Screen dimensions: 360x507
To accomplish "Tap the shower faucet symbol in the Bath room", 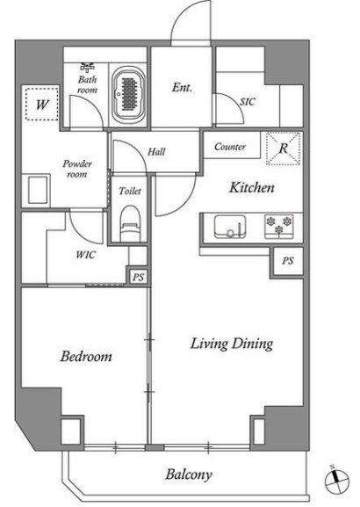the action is (x=88, y=68).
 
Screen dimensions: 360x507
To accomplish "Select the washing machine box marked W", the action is (x=42, y=104).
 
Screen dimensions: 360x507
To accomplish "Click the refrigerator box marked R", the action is (x=284, y=148).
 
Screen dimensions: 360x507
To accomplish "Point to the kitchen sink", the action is (x=230, y=227).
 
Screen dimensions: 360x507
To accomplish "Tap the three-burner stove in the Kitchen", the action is (x=279, y=227).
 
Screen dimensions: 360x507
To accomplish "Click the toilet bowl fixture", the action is (x=130, y=224).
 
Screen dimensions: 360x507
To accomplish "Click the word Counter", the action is (x=230, y=147).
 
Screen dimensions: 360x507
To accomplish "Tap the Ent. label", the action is (x=182, y=87).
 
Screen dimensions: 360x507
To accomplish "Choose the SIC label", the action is (x=248, y=102).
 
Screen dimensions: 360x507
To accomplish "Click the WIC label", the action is (x=86, y=255).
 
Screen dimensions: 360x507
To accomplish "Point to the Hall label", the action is (x=156, y=152).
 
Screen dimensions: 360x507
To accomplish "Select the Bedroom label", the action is (x=86, y=357).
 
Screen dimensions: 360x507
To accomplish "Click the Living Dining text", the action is (x=232, y=344).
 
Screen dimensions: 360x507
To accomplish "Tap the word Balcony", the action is (x=189, y=474).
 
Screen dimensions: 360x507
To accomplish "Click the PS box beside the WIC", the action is (x=139, y=277).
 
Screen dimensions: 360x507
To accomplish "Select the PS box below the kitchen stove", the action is (x=288, y=261).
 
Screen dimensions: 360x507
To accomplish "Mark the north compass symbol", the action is (x=336, y=480).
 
